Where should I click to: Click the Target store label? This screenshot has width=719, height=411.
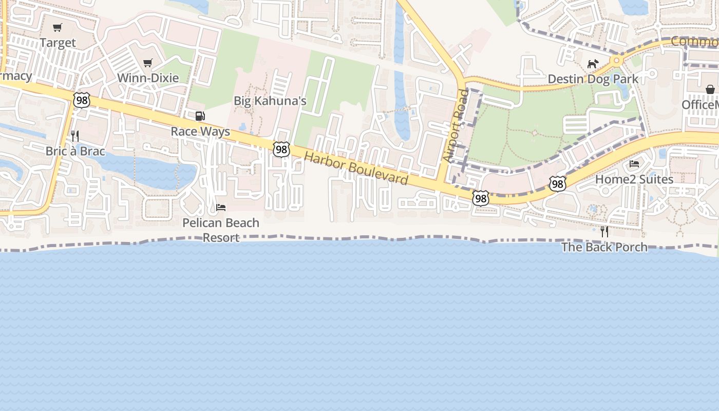point(58,43)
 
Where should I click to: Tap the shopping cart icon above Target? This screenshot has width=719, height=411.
point(58,27)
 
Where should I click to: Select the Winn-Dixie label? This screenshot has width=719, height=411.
point(148,78)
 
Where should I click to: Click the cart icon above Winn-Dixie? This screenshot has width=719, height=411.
point(148,63)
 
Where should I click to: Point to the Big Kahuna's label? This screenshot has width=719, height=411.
point(270,101)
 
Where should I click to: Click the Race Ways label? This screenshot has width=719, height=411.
point(200,132)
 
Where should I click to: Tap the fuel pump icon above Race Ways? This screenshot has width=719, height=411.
point(200,116)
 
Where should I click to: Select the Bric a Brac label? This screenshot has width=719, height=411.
point(75,151)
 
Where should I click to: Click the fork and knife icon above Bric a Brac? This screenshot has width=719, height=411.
point(75,136)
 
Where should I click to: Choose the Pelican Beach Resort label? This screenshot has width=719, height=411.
point(221,230)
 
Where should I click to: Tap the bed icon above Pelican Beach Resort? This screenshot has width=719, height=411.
point(221,208)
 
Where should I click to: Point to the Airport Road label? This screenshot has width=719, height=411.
point(456,126)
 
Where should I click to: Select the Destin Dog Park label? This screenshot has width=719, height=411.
point(593,79)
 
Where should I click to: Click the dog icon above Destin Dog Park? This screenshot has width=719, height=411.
point(593,64)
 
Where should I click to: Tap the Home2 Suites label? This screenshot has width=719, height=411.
point(634,179)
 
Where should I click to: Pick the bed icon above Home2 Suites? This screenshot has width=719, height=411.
point(634,164)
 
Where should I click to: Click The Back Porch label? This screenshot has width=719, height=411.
point(604,247)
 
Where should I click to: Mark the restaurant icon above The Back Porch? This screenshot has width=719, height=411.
point(604,232)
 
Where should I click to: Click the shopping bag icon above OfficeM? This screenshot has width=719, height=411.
point(710,89)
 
